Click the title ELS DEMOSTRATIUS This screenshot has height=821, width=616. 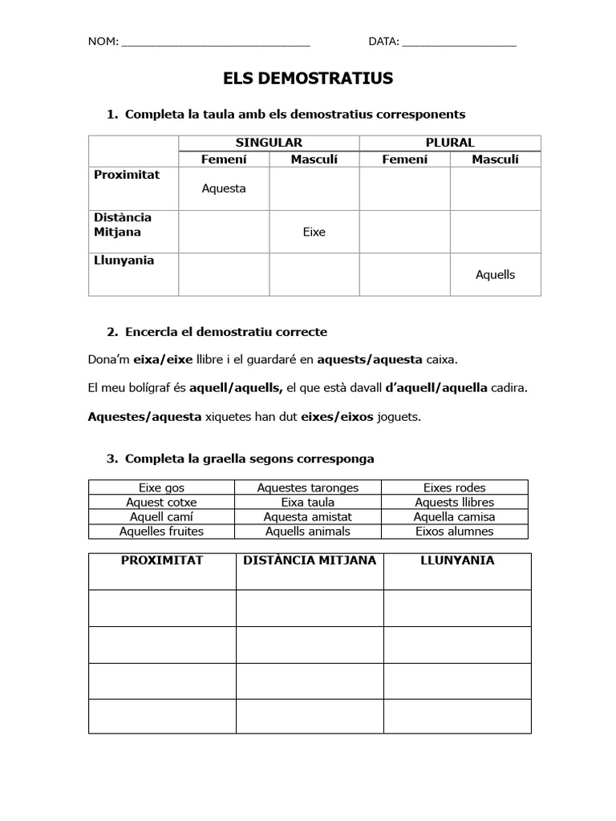click(308, 79)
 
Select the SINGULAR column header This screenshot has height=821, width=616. click(269, 142)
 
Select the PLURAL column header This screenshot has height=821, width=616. click(449, 142)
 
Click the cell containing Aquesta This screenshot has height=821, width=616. click(224, 188)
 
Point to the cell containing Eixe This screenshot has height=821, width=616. click(314, 232)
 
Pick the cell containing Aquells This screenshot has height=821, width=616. click(495, 274)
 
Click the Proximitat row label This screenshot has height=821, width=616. click(127, 175)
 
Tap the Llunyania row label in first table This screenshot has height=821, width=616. click(124, 261)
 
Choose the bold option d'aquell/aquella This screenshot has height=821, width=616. click(436, 388)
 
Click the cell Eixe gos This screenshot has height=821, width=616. click(161, 487)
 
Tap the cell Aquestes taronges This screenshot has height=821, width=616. click(307, 487)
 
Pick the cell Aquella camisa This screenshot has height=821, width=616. click(454, 516)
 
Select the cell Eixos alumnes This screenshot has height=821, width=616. click(454, 531)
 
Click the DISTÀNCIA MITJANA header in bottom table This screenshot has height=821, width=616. click(309, 560)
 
